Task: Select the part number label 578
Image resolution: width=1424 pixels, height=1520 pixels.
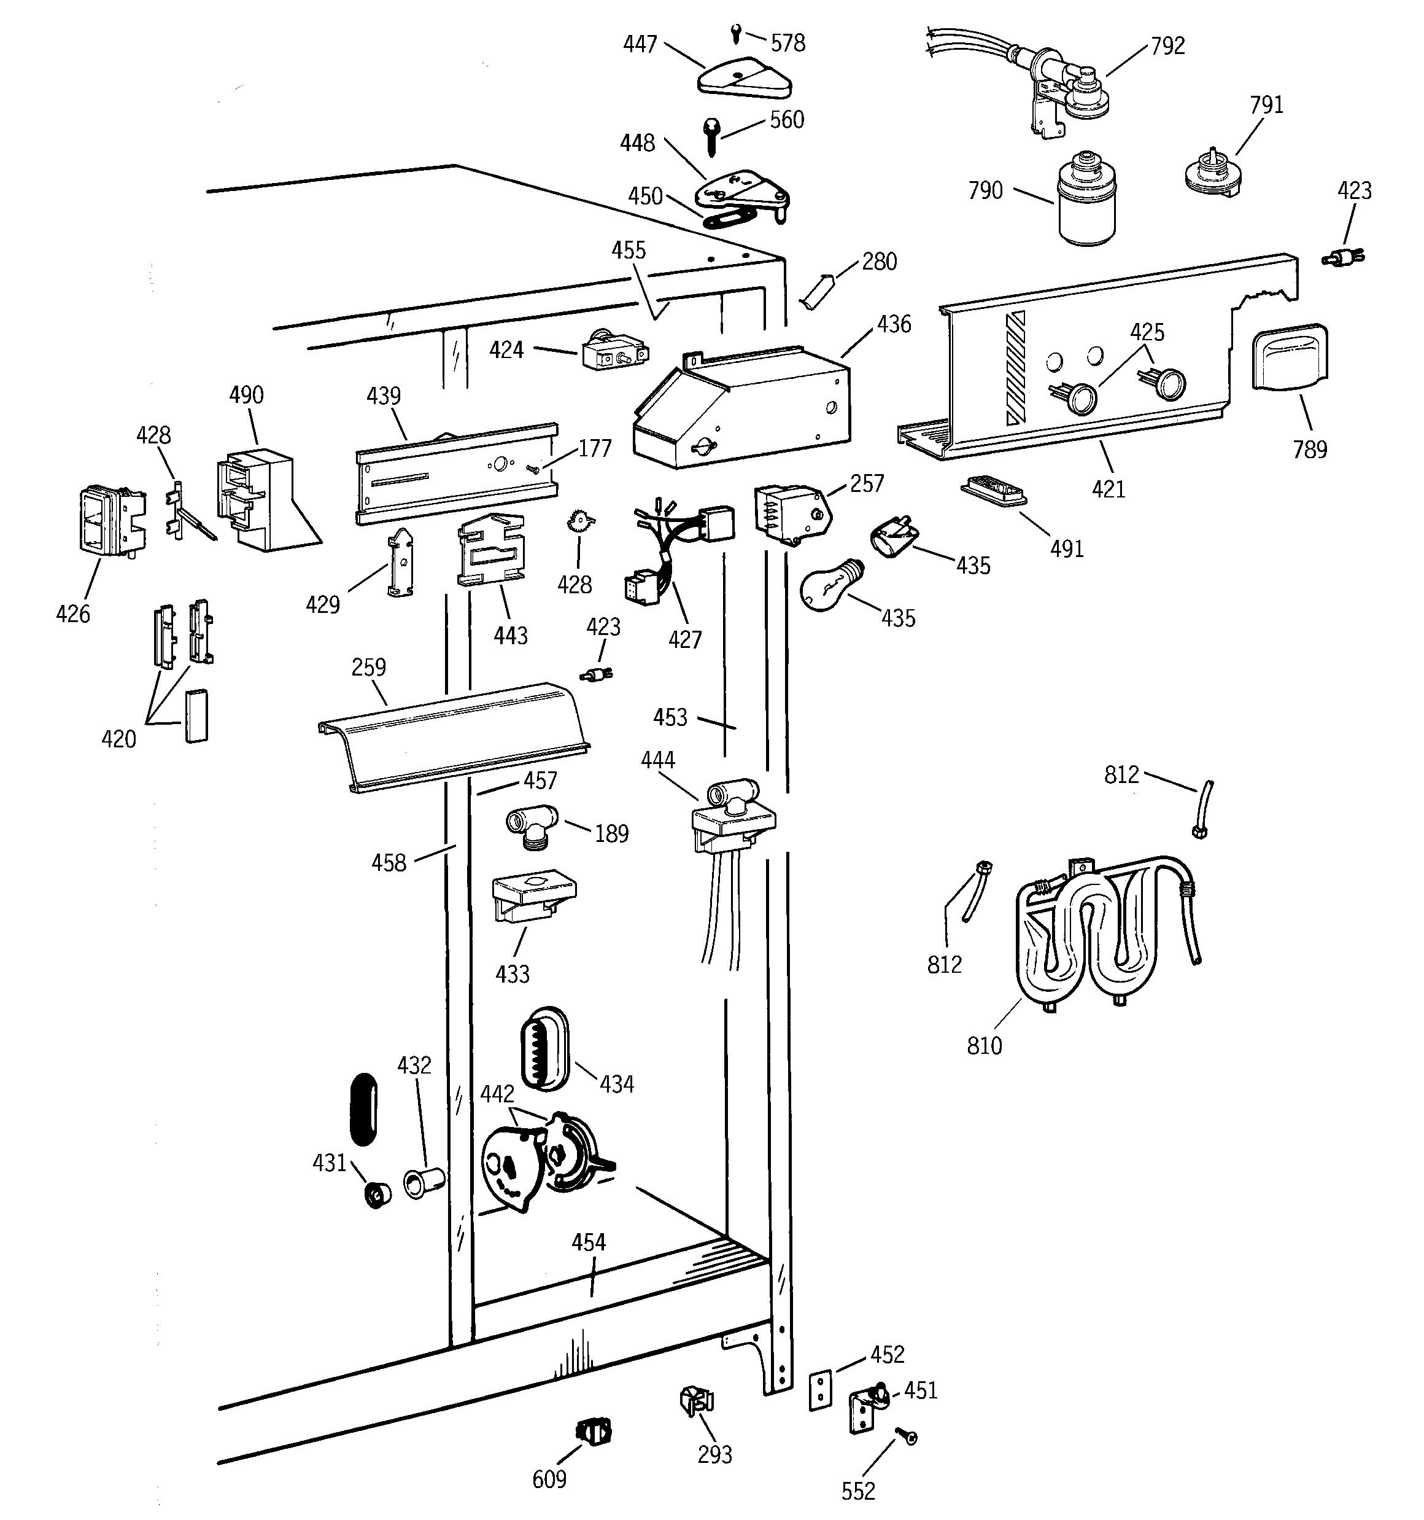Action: [787, 44]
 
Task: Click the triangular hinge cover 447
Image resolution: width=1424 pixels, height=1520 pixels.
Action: [745, 79]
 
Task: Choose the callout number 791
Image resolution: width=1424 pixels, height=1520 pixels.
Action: [1266, 105]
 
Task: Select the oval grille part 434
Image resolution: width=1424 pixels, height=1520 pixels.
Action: [544, 1048]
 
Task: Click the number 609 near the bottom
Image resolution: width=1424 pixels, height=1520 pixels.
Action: [549, 1479]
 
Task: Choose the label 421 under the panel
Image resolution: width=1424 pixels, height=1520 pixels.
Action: [1109, 489]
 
